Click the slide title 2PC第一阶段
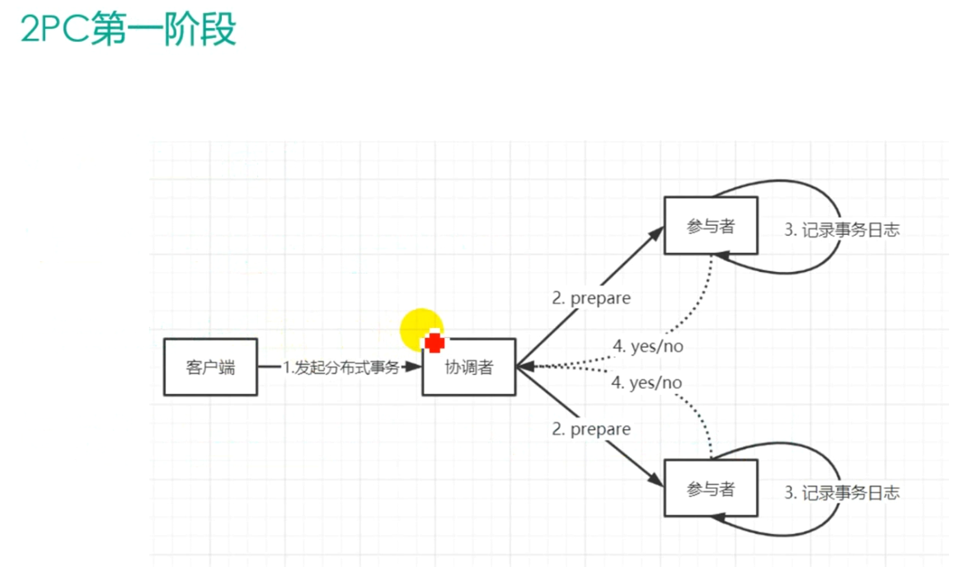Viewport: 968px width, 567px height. tap(129, 30)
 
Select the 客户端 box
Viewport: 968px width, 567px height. tap(210, 367)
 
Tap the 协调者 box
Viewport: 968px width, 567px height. tap(468, 367)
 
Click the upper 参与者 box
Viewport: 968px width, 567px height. tap(710, 226)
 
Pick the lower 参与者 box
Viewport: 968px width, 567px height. tap(710, 488)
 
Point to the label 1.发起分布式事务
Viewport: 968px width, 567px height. tap(341, 368)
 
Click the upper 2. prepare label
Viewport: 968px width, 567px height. tap(591, 298)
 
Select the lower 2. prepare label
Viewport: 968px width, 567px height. tap(591, 429)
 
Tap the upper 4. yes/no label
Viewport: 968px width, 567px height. tap(647, 347)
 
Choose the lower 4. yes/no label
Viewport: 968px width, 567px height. tap(647, 382)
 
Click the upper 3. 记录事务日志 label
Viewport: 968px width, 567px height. tap(841, 231)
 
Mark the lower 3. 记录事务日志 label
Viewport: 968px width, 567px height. tap(841, 493)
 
